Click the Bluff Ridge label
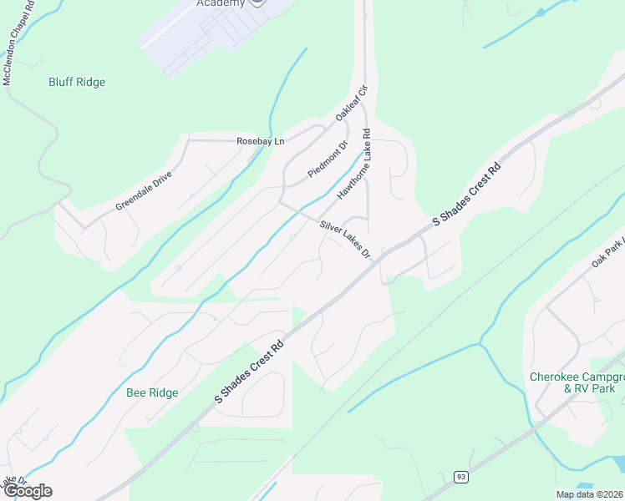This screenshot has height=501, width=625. click(x=77, y=83)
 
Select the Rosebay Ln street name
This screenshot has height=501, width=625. click(x=260, y=141)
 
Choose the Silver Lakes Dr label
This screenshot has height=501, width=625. click(x=344, y=238)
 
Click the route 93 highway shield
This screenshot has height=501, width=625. click(x=461, y=476)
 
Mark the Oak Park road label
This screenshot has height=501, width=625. click(x=607, y=252)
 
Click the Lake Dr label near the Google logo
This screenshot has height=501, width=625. click(x=10, y=483)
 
